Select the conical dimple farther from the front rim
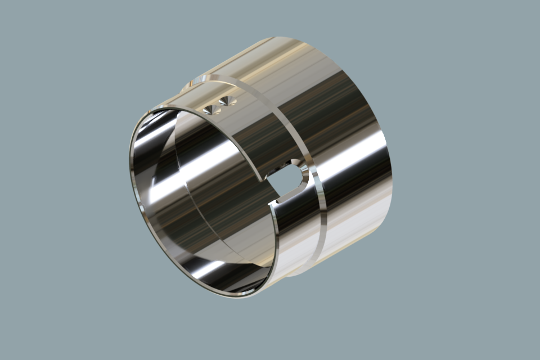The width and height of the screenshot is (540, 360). [x=226, y=101]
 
